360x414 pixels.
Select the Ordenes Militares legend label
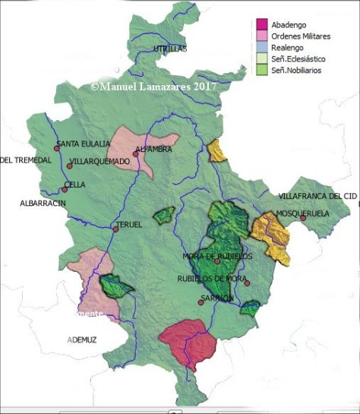[x=301, y=35]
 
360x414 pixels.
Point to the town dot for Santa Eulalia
[x=55, y=147]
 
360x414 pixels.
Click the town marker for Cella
[x=66, y=185]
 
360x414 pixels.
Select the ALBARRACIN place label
[x=43, y=204]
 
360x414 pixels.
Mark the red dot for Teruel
[x=115, y=229]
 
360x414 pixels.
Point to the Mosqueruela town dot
[x=303, y=218]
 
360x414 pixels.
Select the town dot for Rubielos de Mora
[x=247, y=283]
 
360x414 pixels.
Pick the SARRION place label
[x=216, y=298]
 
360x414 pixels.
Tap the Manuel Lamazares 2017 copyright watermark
[x=153, y=87]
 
